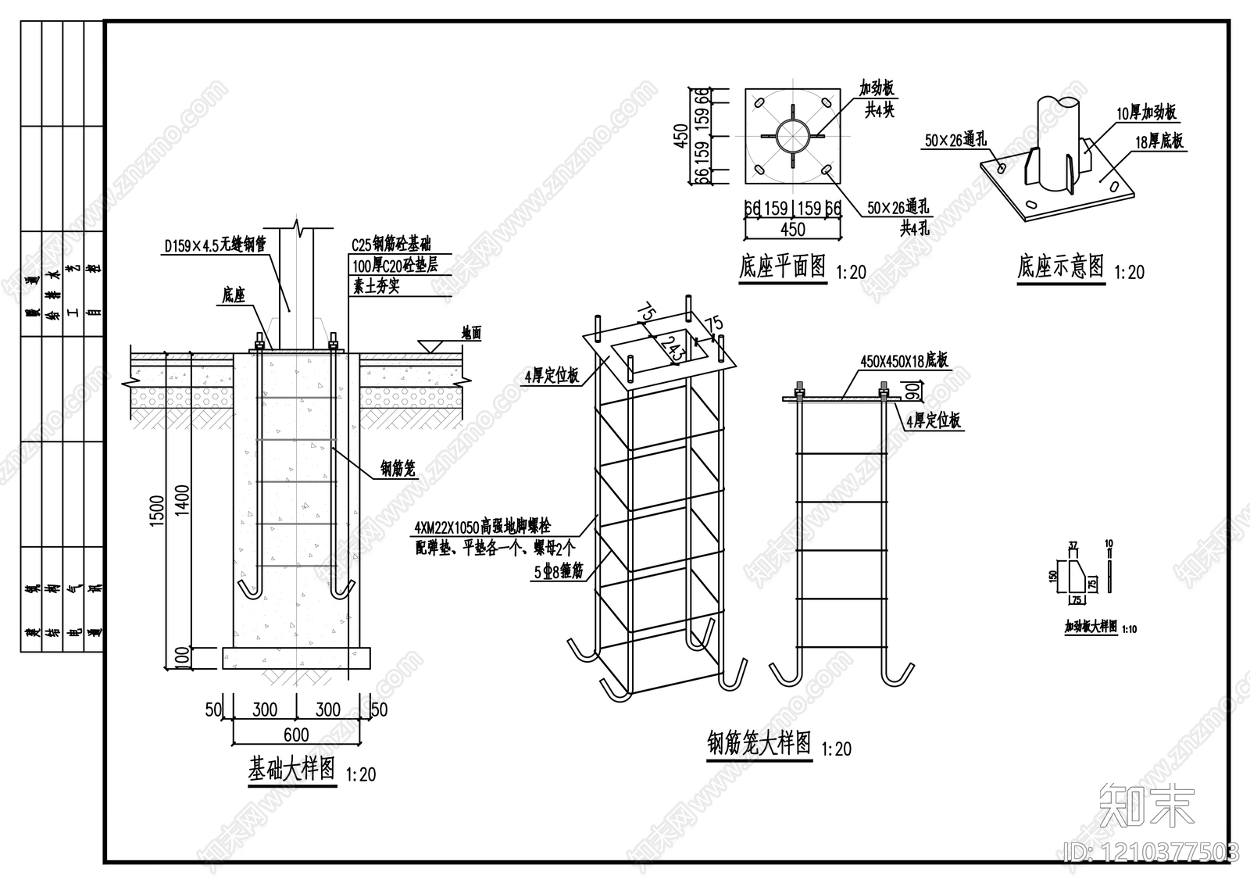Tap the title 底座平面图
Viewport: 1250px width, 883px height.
(x=782, y=266)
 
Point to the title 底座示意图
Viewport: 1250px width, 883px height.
(x=1060, y=266)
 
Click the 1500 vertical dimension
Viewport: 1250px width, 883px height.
(x=157, y=512)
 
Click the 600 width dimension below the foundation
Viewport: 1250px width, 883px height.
(x=296, y=735)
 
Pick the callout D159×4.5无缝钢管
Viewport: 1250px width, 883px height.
(x=215, y=245)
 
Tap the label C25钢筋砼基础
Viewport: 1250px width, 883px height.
(x=391, y=245)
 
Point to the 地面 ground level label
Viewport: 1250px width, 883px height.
(x=471, y=334)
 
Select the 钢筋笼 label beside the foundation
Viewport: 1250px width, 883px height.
(x=398, y=468)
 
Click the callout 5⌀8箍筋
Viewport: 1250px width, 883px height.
(x=559, y=572)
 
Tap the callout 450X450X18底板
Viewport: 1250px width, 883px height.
(x=904, y=360)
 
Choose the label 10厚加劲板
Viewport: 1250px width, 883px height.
(x=1146, y=113)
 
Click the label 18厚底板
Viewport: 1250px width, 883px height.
(x=1160, y=141)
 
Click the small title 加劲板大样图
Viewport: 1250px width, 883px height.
(x=1091, y=627)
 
